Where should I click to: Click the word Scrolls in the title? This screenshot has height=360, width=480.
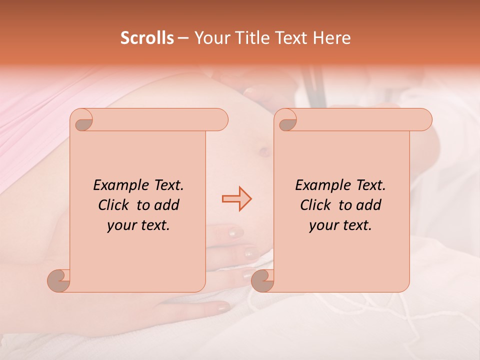point(147,38)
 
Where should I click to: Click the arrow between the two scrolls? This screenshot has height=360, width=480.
point(237,199)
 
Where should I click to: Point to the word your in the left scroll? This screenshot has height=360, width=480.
point(121,225)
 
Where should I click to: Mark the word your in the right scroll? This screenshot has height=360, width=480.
point(323,225)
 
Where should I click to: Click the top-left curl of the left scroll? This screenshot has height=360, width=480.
point(81,120)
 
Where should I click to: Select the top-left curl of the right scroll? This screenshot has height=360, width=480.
point(285,120)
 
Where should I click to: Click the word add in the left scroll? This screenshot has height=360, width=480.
point(167,205)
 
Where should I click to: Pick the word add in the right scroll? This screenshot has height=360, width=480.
point(369,205)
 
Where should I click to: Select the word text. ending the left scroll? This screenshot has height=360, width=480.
point(154,225)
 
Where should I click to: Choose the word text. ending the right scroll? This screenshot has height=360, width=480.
point(356,225)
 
